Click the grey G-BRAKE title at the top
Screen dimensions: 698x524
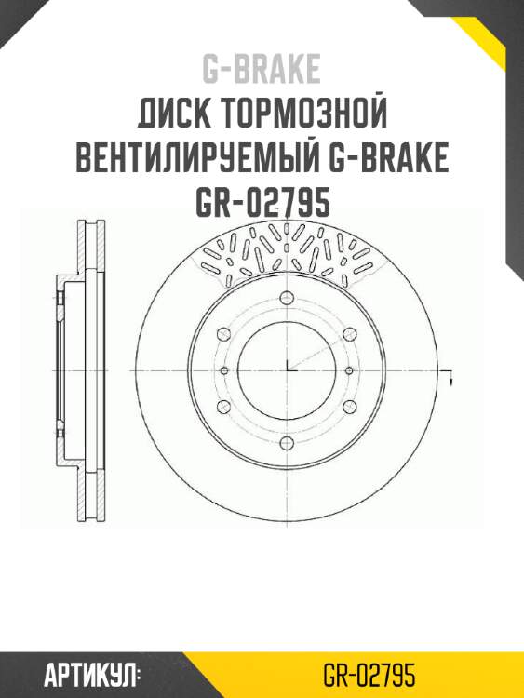(x=262, y=69)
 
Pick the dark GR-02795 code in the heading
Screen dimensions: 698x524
(x=262, y=203)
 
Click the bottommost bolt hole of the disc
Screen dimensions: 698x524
(x=287, y=441)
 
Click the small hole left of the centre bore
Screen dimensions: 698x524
(x=224, y=370)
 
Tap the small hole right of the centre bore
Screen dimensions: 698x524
(x=349, y=370)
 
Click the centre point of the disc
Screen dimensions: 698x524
(x=287, y=370)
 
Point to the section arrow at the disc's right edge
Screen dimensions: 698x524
(x=450, y=378)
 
